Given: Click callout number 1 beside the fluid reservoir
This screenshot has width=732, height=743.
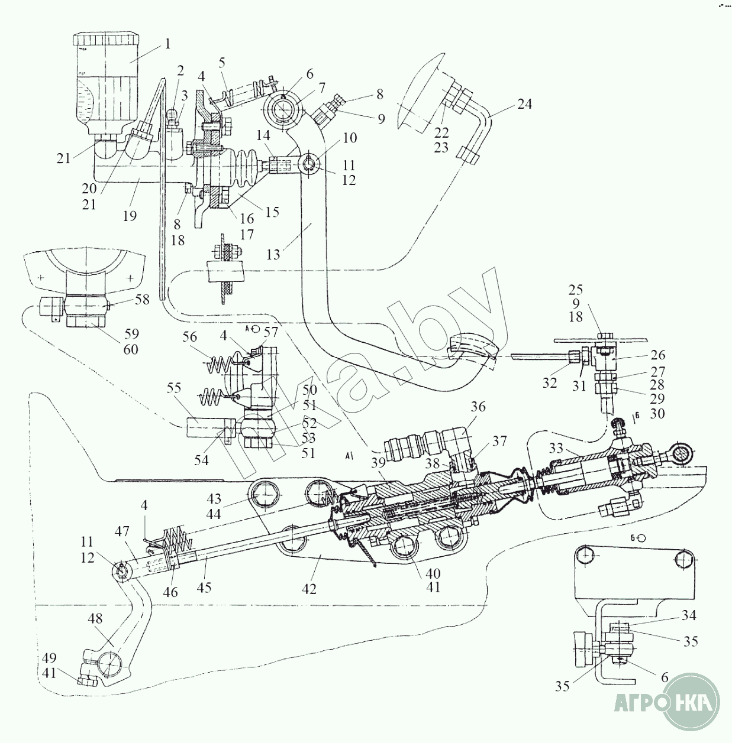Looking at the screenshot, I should (167, 44).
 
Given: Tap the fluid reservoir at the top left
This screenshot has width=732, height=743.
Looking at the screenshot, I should (105, 83).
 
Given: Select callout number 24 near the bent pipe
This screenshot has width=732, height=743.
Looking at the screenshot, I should (524, 104).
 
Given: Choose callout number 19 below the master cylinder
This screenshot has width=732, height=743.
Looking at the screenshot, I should (130, 216).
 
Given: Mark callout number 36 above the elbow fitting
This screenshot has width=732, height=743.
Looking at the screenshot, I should (478, 407).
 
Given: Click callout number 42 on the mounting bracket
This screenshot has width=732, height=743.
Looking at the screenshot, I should (309, 589).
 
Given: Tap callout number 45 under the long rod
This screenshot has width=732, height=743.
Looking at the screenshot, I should (204, 588).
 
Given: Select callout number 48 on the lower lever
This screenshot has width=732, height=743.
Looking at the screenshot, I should (95, 618).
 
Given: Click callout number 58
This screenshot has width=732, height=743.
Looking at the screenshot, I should (142, 299).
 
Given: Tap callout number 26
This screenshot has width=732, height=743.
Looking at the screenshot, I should (657, 355).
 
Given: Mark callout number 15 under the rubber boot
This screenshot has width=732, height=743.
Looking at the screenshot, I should (272, 212).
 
